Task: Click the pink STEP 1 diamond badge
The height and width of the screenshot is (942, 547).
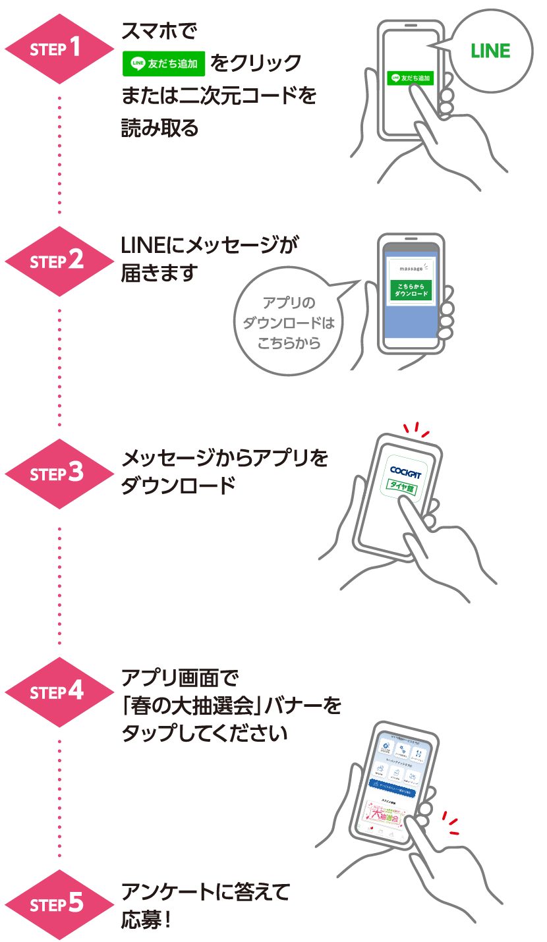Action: point(60,48)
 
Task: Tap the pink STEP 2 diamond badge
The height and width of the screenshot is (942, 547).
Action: point(60,261)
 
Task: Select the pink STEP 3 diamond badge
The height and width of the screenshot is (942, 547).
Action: point(60,474)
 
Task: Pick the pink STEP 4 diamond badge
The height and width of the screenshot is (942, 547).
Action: point(60,692)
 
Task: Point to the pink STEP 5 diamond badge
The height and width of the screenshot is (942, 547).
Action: point(60,904)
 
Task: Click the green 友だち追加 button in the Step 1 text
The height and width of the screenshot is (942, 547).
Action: point(165,63)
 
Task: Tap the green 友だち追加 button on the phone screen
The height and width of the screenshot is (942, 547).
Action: point(409,78)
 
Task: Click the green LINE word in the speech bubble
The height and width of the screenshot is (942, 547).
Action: point(490,51)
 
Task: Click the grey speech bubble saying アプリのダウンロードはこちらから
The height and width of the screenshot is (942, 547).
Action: point(289,323)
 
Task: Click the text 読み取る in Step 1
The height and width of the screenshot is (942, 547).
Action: point(159,128)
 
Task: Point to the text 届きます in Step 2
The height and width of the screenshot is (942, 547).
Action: point(159,273)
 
